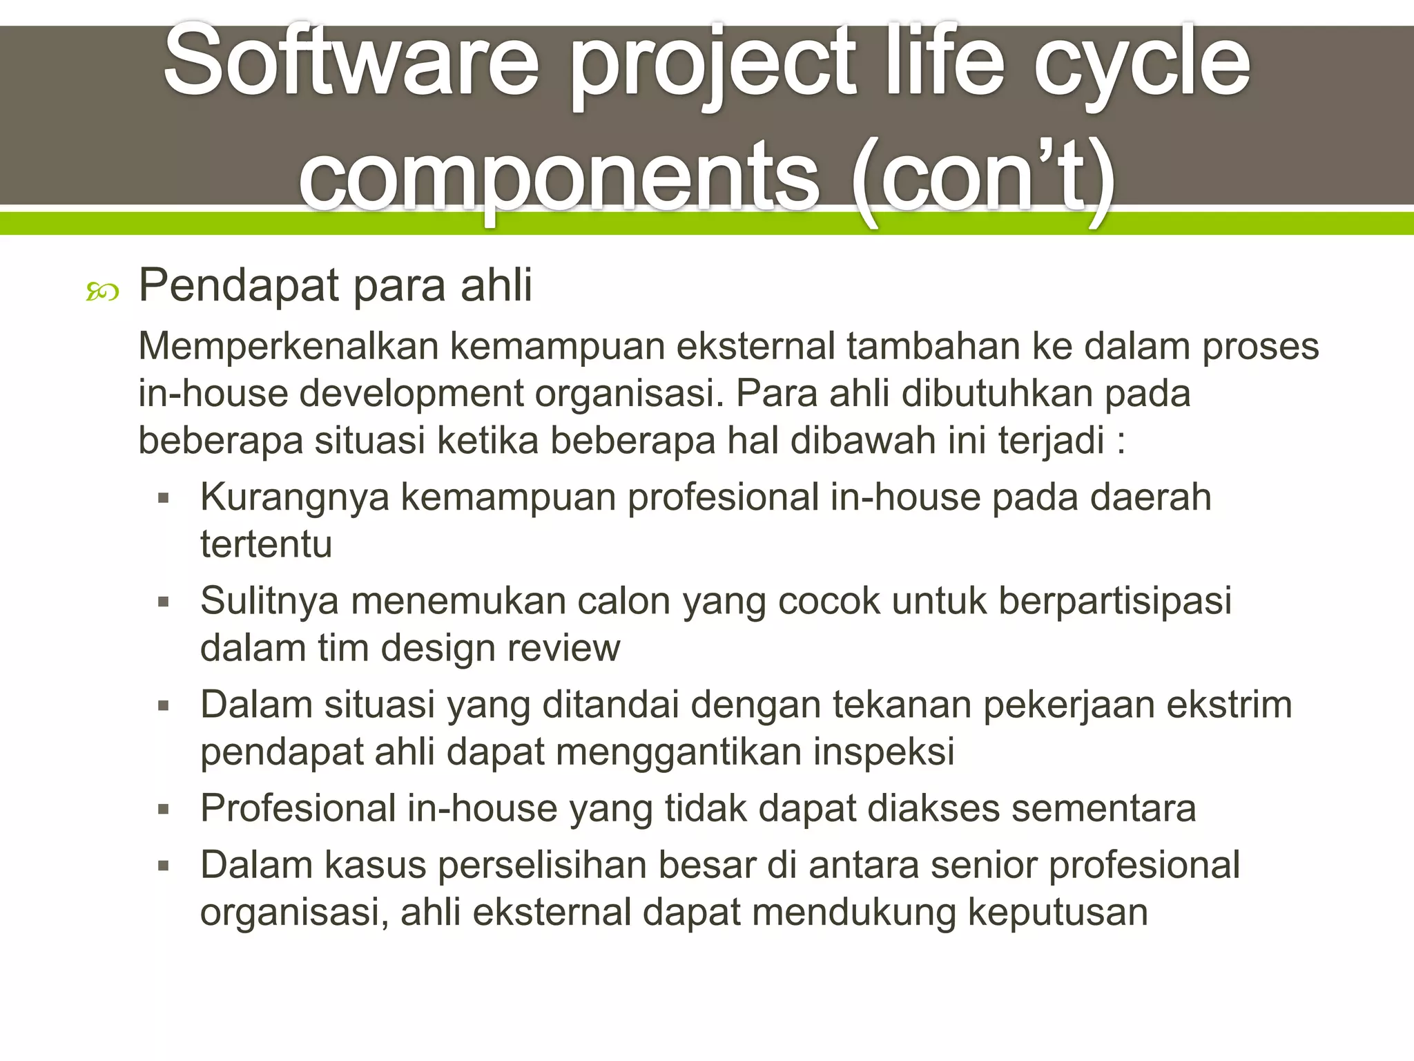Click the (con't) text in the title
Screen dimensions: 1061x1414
point(984,176)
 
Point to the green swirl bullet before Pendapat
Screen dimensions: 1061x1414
point(102,293)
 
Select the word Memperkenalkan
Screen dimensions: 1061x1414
point(289,345)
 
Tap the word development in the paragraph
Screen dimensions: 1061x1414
point(411,393)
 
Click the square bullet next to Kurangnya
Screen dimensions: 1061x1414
point(164,498)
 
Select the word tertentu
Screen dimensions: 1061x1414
point(267,544)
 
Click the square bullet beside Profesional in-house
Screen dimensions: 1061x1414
point(164,810)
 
